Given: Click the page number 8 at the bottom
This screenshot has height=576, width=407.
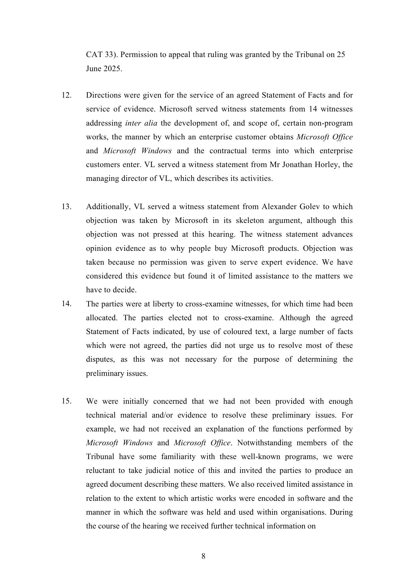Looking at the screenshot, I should [203, 556].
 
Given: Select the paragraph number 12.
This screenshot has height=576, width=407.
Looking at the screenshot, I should [66, 95].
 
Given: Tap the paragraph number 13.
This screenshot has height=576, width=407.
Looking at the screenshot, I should [66, 206].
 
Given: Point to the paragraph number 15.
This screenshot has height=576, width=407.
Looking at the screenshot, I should [66, 401].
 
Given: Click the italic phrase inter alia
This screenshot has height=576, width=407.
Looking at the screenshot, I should [141, 123].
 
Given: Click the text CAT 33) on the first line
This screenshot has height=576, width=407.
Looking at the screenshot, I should [101, 54].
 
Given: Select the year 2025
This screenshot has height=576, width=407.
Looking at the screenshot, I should [113, 69].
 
